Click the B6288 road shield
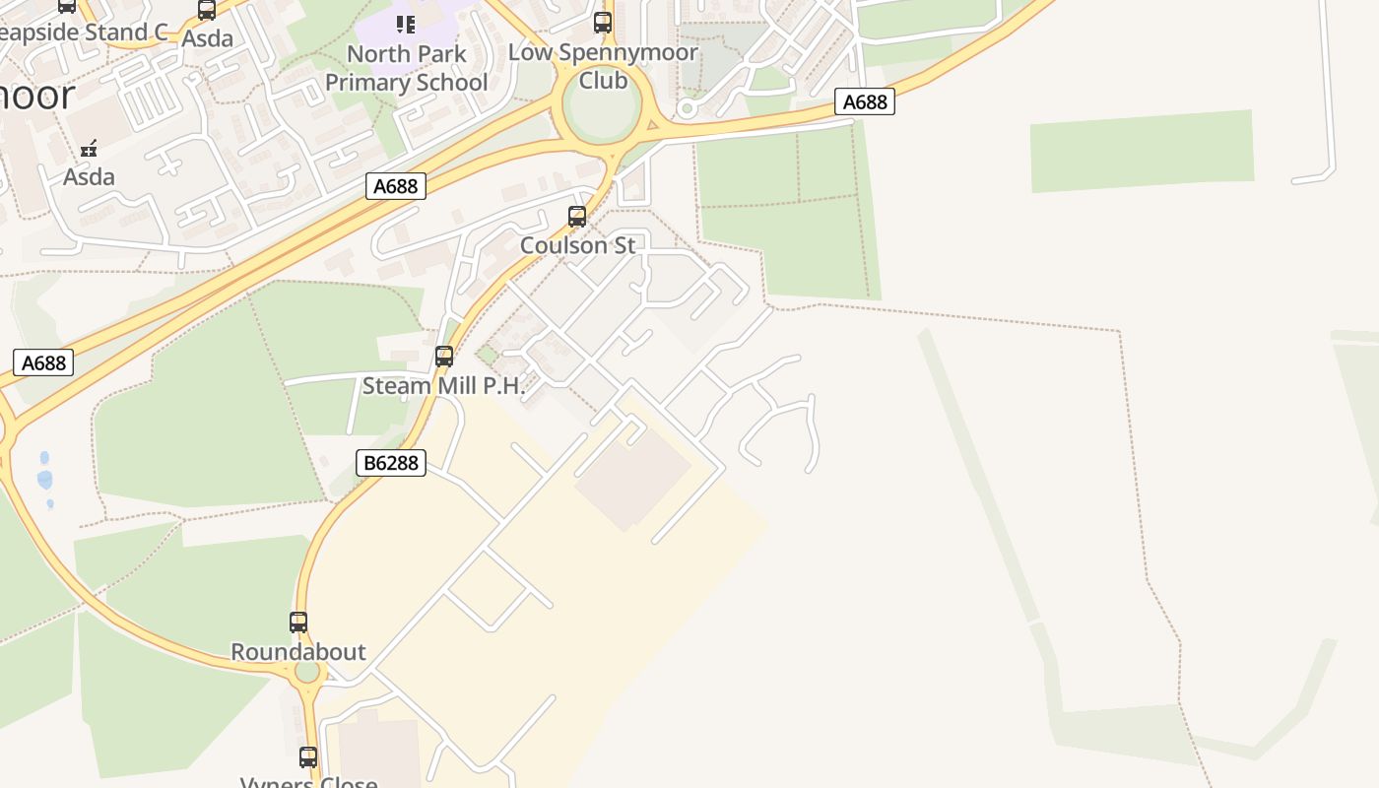tap(390, 462)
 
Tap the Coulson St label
tap(578, 245)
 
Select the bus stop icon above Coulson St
tap(577, 216)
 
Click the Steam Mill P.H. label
tap(444, 385)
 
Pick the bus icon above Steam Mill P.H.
tap(444, 356)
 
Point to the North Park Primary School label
tap(406, 68)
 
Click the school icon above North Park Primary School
tap(406, 24)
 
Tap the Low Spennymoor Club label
tap(603, 66)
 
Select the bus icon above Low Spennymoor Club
tap(603, 22)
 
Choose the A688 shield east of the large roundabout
tap(865, 101)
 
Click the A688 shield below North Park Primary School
tap(396, 185)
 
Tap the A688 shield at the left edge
tap(43, 362)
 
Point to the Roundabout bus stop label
tap(298, 651)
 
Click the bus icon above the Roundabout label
tap(298, 623)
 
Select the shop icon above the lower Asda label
tap(90, 149)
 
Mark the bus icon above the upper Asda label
tap(207, 10)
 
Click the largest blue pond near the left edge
tap(44, 480)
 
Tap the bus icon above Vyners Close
tap(308, 757)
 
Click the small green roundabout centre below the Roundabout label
tap(307, 672)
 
